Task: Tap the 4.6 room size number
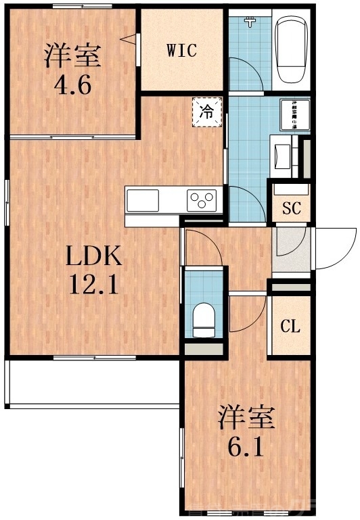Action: pos(73,86)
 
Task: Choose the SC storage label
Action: pos(291,208)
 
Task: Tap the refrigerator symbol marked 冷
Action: pos(207,112)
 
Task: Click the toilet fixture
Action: pos(204,318)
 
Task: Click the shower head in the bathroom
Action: pos(252,22)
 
